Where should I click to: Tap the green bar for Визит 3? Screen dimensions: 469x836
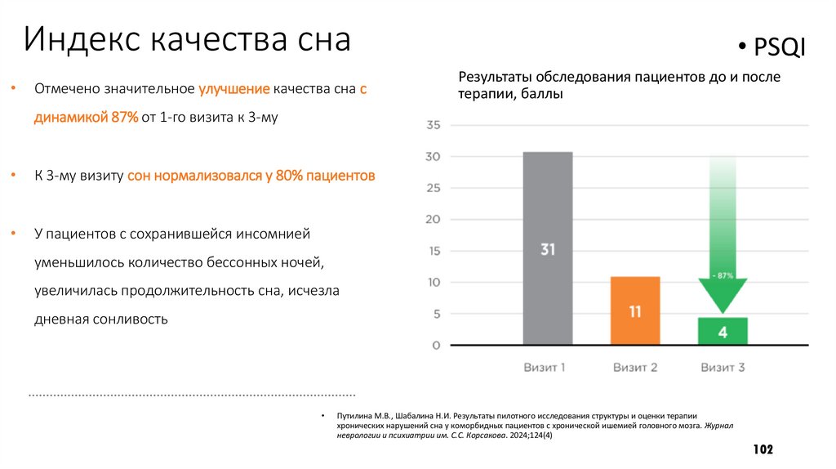(723, 331)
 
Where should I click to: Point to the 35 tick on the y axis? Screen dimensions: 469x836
(433, 125)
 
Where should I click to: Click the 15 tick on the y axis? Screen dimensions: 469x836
(433, 251)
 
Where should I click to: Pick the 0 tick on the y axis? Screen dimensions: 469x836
(436, 346)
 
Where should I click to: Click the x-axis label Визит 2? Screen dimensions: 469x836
(635, 368)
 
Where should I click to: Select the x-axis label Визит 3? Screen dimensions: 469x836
(723, 368)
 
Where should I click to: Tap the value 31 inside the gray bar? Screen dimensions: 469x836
(547, 249)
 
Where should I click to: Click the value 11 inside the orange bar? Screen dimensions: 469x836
(635, 311)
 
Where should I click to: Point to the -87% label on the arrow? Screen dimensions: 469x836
(722, 275)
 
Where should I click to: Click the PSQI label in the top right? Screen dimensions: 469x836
(780, 50)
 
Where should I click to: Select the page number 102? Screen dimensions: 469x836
(763, 450)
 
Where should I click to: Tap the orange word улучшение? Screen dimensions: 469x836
(233, 89)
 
